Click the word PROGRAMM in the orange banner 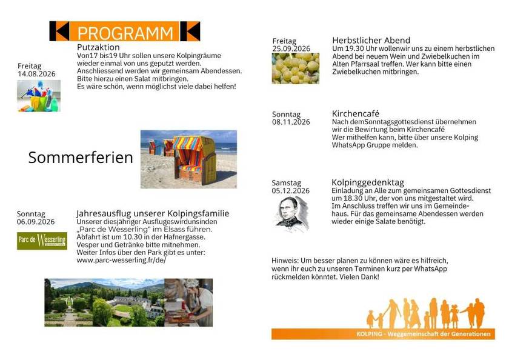[x=125, y=33]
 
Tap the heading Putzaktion [x=98, y=47]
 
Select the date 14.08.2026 [x=37, y=74]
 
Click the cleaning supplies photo [x=39, y=96]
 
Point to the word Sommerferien [x=81, y=158]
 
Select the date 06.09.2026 [x=36, y=222]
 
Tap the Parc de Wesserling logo [x=42, y=241]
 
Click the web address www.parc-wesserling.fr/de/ [x=121, y=261]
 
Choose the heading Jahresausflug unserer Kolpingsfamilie [x=153, y=213]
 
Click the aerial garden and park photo [x=104, y=302]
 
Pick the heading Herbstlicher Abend [x=371, y=40]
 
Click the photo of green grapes [x=296, y=68]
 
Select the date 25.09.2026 [x=291, y=48]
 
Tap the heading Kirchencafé [x=356, y=113]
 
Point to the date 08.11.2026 [x=291, y=122]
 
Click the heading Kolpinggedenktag [x=368, y=182]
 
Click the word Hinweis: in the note [x=285, y=261]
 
